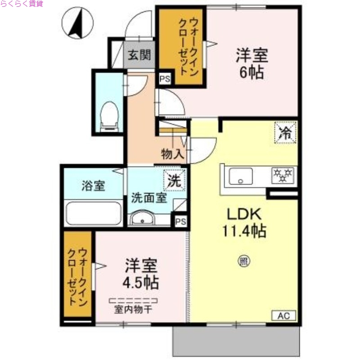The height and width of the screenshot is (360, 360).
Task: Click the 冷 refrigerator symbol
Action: (x=285, y=133)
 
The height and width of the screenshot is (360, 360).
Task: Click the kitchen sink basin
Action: (x=241, y=176)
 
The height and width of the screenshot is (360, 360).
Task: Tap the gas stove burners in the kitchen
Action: (x=283, y=175)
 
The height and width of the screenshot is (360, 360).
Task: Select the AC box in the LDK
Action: (x=283, y=315)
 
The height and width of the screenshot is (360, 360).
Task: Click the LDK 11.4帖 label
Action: (x=243, y=222)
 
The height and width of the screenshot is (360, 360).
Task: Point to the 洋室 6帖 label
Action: (x=252, y=63)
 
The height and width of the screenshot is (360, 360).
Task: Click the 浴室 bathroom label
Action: (x=93, y=185)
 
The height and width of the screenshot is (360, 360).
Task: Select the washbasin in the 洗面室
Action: (x=143, y=219)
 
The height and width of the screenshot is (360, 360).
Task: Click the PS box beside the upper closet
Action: (x=164, y=80)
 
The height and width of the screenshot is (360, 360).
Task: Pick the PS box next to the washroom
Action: (x=180, y=221)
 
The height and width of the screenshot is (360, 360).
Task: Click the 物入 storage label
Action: (x=172, y=154)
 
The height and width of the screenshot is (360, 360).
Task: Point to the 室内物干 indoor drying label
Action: (x=135, y=310)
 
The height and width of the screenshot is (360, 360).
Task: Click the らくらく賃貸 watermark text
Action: (x=22, y=4)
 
